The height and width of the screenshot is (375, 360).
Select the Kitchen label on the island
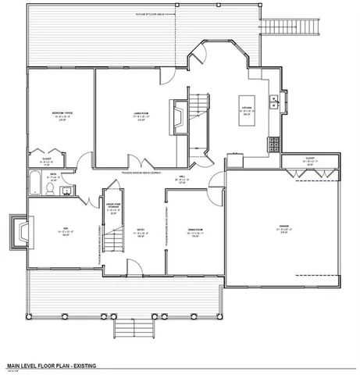tap(246, 107)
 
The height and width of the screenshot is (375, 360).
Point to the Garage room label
tap(283, 227)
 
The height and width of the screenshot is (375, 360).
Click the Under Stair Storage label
tap(112, 206)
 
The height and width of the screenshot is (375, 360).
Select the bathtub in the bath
tap(35, 184)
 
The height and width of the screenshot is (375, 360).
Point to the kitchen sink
tap(274, 101)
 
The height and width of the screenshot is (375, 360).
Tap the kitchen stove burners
tap(274, 144)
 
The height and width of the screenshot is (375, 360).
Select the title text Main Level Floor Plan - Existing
tap(51, 365)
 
